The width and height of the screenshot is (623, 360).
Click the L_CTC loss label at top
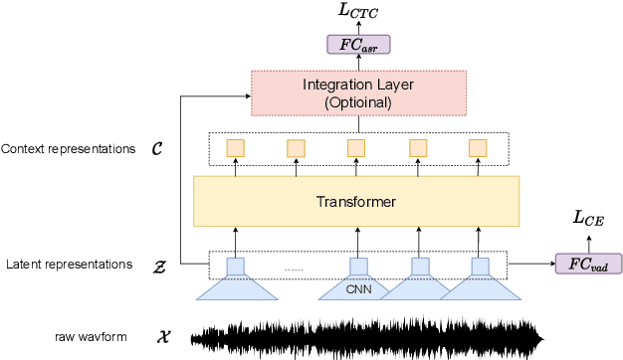358,13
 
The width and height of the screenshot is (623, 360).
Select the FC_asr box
358,45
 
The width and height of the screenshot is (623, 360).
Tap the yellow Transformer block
356,202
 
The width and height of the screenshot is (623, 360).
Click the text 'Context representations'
68,149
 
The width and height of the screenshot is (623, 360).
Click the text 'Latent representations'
68,265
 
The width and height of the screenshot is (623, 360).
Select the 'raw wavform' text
92,337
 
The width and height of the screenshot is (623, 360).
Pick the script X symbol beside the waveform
163,337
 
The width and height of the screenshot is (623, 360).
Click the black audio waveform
368,336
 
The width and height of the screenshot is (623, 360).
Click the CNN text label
357,291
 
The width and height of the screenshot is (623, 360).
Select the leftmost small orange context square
236,148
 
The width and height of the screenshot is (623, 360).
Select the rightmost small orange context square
478,148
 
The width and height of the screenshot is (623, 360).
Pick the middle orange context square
356,148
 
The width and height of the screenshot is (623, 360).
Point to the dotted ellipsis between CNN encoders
295,269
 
